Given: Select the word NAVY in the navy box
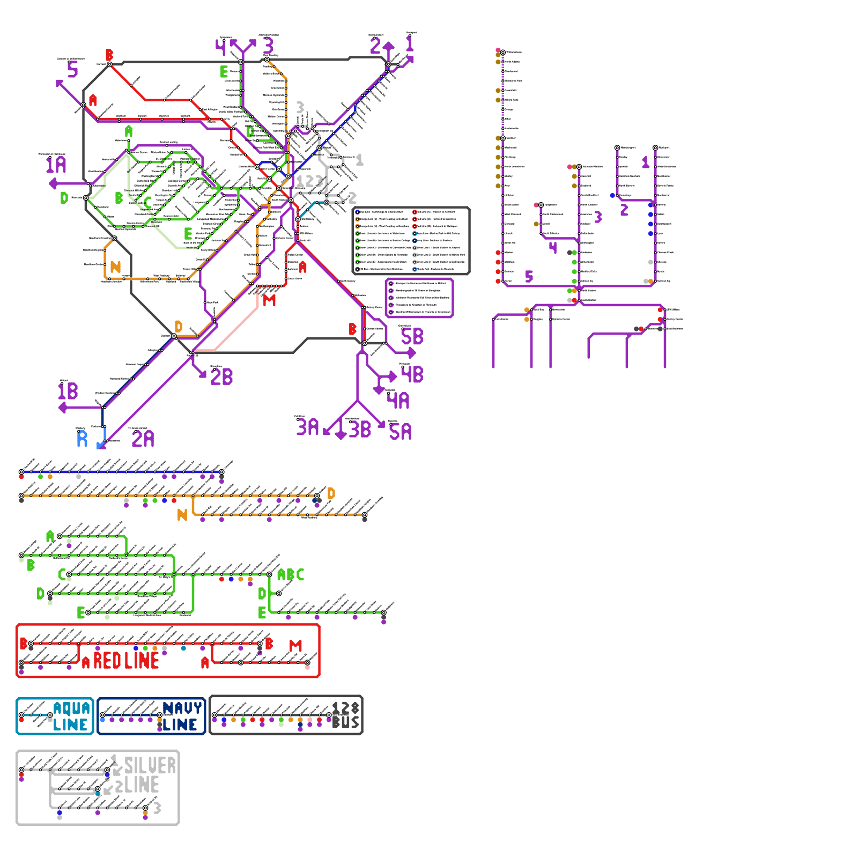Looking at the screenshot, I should coord(182,708).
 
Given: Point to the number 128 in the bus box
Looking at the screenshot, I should coord(345,708).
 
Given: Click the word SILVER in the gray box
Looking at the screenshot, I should coord(150,766).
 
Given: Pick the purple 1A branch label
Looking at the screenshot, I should coord(56,165).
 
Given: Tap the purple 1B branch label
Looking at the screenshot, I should coord(68,391).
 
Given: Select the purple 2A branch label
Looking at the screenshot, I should coord(143,439).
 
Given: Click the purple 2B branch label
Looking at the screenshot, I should coord(221,377).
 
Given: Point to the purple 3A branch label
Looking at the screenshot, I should coord(307,427).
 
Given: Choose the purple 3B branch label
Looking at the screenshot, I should coord(360,430).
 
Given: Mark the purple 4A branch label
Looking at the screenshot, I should coord(398,401).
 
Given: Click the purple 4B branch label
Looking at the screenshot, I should coord(412,374).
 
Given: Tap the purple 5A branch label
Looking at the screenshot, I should coord(401,432).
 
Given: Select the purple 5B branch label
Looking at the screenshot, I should coord(412,337).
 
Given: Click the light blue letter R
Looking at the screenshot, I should coord(82,439).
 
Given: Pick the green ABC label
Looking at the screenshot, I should coord(291,575).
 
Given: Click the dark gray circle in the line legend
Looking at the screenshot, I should coord(358,269).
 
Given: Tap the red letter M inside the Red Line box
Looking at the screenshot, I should coord(295,646).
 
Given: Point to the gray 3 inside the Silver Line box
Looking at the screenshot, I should coord(157,808).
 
